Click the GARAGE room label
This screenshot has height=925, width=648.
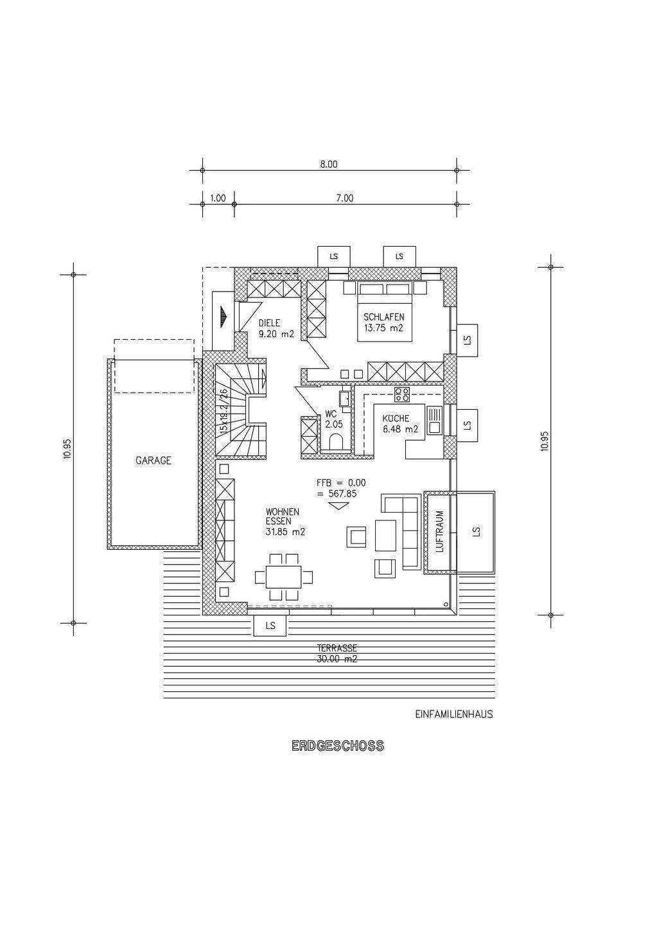point(153,461)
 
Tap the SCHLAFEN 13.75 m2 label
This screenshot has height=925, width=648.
point(383,322)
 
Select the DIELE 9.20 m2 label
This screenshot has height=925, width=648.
point(276,328)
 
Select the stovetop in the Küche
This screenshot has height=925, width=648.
point(402,392)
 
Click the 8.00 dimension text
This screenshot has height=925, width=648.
point(329,164)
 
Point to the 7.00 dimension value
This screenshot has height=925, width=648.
point(345,198)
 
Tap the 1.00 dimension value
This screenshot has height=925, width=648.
point(218,198)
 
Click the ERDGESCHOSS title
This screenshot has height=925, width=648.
point(337,746)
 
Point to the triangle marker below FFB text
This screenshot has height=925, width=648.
point(337,506)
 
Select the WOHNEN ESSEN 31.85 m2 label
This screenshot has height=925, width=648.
point(285,522)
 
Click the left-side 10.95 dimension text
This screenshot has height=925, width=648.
point(67,448)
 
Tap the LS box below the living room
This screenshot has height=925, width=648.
point(270,625)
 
